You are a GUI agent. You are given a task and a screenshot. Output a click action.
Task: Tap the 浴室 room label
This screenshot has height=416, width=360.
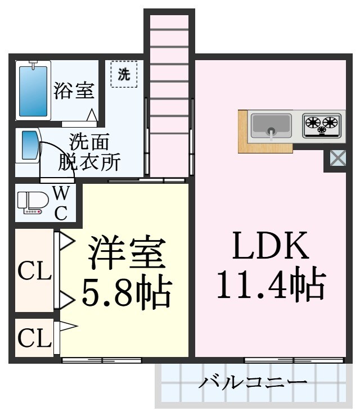[74, 91]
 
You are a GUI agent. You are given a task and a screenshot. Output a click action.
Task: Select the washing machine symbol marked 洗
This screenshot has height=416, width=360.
[124, 75]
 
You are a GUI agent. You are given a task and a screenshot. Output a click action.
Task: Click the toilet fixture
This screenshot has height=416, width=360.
[30, 203]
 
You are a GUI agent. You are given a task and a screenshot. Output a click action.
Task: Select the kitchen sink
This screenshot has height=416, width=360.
[271, 125]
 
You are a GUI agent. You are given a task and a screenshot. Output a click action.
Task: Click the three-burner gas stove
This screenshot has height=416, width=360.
[322, 125]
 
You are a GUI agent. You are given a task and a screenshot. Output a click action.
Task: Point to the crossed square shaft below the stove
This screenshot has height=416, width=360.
[337, 159]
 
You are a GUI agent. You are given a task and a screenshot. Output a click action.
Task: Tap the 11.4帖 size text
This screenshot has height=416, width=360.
[271, 285]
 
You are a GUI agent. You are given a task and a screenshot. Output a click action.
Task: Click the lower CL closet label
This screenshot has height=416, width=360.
[34, 337]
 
